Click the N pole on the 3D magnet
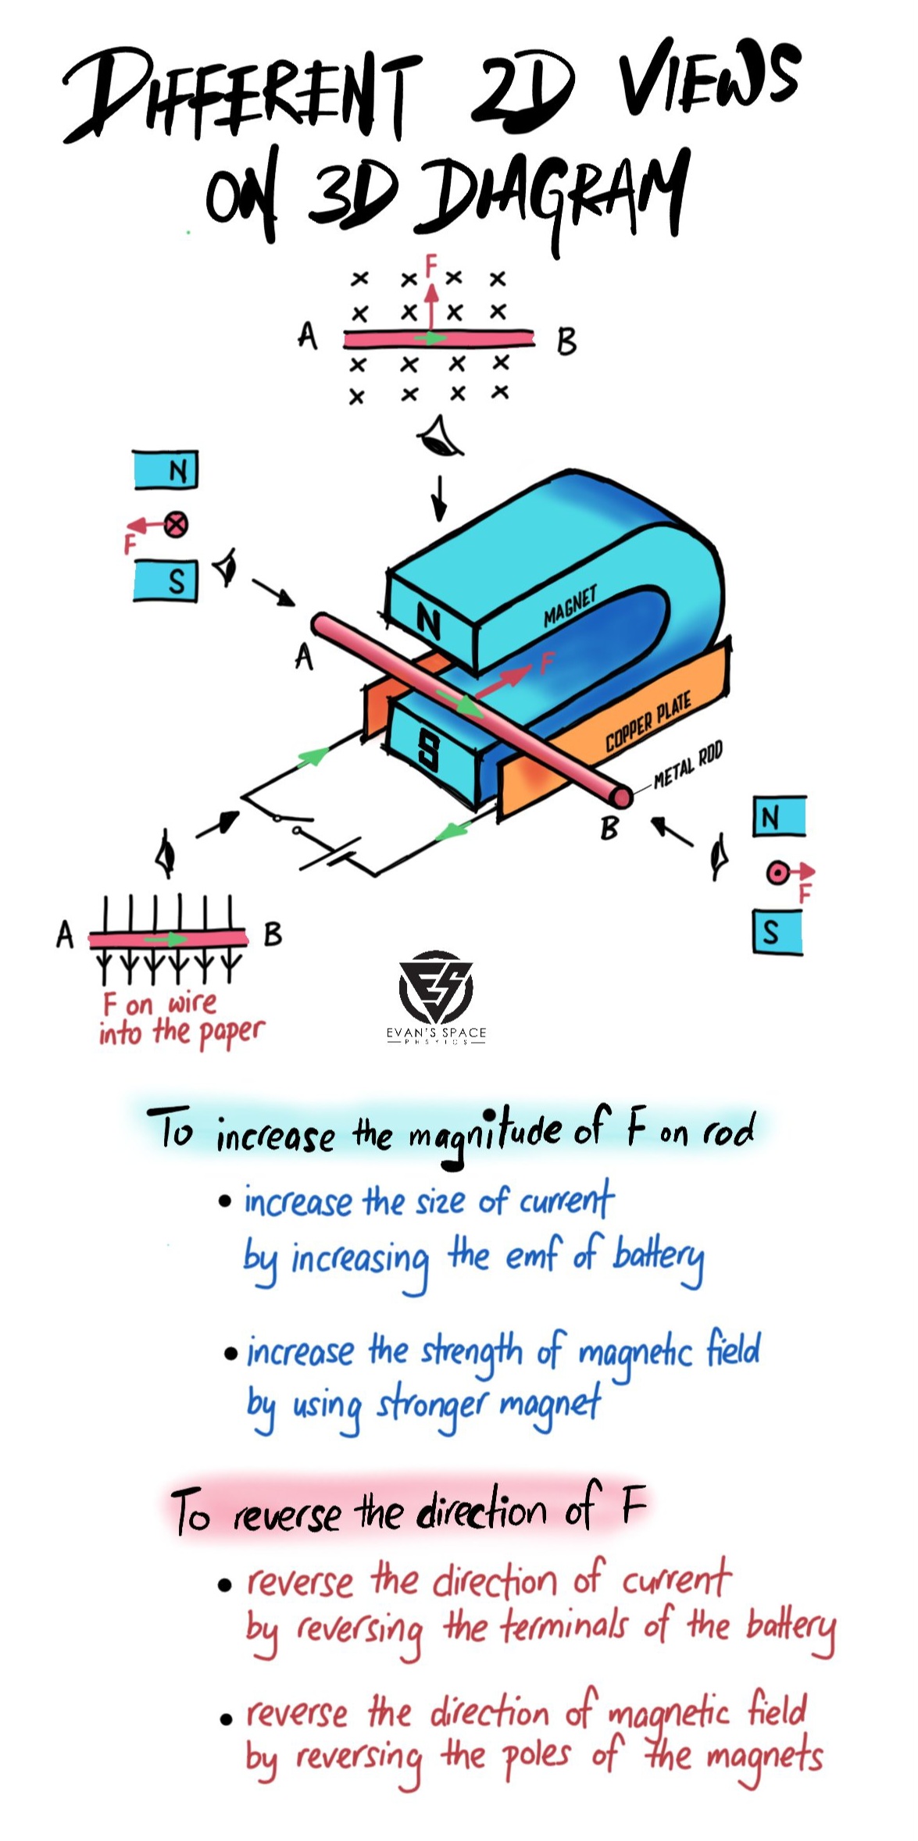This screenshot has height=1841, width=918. click(x=428, y=623)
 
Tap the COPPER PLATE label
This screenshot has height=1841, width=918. click(x=648, y=722)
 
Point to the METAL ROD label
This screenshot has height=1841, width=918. click(x=688, y=765)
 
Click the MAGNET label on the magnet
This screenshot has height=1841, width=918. click(x=570, y=605)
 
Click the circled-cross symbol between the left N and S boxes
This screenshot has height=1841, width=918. click(x=177, y=524)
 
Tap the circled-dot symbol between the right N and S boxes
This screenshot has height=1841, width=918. click(x=777, y=873)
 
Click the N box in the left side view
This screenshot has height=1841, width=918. click(x=166, y=470)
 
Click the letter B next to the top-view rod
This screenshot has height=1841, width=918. click(x=566, y=342)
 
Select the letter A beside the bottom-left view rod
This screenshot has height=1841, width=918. click(x=65, y=934)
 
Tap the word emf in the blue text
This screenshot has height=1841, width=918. click(x=534, y=1255)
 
